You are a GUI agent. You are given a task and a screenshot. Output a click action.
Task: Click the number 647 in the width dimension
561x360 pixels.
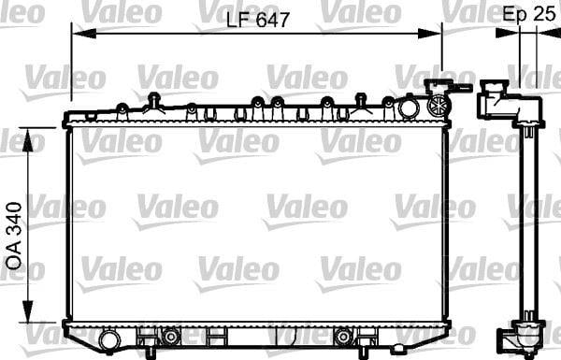[x=273, y=20]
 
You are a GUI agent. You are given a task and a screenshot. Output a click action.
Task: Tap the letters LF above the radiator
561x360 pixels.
[x=237, y=20]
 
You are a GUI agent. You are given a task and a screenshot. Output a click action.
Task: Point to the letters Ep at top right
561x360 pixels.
[x=515, y=15]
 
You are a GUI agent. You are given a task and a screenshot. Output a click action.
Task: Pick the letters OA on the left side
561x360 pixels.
[x=14, y=258]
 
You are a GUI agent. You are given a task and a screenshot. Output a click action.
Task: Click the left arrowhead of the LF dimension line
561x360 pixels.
[x=84, y=34]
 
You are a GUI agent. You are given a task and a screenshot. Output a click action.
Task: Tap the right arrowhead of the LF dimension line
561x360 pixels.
[x=429, y=34]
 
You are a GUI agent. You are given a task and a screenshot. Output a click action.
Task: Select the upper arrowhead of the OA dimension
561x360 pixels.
[x=28, y=140]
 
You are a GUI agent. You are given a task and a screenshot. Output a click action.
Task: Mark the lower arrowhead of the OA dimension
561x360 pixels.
[x=28, y=310]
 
